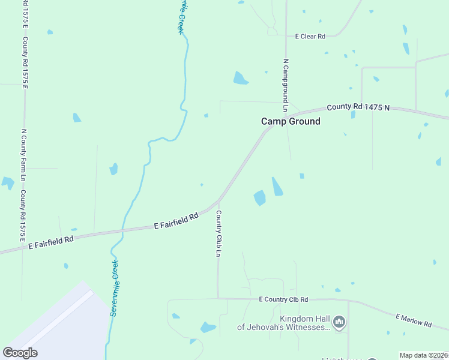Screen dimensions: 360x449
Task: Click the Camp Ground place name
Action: pos(291,121)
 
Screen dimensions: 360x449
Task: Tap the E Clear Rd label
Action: pos(310,37)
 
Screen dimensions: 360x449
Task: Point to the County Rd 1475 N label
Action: pos(358,107)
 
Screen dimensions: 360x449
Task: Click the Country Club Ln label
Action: pos(218,233)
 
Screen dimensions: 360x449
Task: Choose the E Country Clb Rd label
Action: pos(283,299)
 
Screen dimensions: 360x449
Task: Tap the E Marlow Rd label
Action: pos(414,320)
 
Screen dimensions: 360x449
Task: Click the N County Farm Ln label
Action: pos(23,155)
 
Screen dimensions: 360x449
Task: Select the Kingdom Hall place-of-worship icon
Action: pos(339,323)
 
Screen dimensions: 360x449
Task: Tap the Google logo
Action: pos(20,353)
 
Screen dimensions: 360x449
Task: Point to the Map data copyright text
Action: pos(424,355)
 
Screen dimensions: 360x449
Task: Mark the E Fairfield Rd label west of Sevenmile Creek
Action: pos(51,242)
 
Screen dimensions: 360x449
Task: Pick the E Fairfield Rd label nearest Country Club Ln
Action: pos(176,221)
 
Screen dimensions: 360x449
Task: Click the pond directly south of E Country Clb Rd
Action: pos(208,327)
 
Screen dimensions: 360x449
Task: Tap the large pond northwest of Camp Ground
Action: pos(240,78)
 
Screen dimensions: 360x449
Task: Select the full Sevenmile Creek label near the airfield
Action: pos(114,288)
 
